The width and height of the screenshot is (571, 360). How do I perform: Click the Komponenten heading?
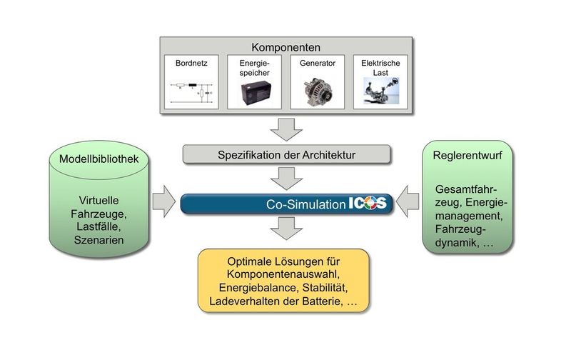[x=285, y=43]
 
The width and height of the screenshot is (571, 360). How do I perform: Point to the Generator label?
[x=318, y=63]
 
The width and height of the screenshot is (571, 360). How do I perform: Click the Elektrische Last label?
[x=380, y=68]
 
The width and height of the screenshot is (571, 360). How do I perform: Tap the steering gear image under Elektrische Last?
[x=380, y=94]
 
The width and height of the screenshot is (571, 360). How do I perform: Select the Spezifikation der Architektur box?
[x=285, y=154]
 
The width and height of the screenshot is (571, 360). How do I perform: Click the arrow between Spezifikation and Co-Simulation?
[x=285, y=177]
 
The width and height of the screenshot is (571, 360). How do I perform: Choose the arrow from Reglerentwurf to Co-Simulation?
[x=409, y=202]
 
